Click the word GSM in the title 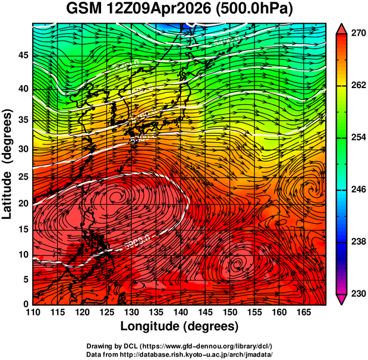pyautogui.click(x=83, y=10)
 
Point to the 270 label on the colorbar pyautogui.click(x=356, y=35)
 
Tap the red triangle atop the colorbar pyautogui.click(x=342, y=29)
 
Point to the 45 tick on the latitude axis pyautogui.click(x=23, y=55)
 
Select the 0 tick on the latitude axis pyautogui.click(x=26, y=304)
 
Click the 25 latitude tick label pyautogui.click(x=23, y=180)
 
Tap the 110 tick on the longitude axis pyautogui.click(x=33, y=312)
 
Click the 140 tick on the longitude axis pyautogui.click(x=180, y=312)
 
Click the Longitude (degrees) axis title pyautogui.click(x=180, y=326)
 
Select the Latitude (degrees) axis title pyautogui.click(x=8, y=164)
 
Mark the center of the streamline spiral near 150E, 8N pyautogui.click(x=238, y=262)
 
